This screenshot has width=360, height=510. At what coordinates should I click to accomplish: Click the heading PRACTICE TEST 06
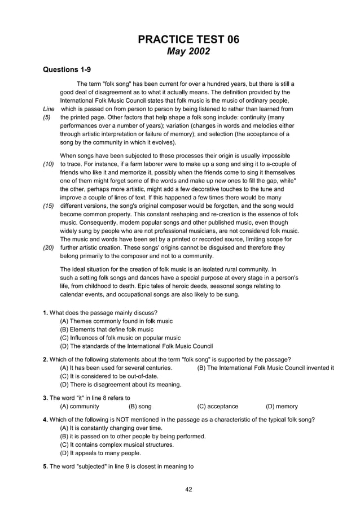[x=189, y=40]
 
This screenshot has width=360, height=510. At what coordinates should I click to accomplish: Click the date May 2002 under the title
[x=189, y=52]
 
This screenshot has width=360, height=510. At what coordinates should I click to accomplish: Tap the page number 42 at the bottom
[x=189, y=489]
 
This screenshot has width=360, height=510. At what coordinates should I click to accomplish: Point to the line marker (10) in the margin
[x=49, y=164]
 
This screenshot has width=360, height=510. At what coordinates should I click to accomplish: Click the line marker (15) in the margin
[x=49, y=207]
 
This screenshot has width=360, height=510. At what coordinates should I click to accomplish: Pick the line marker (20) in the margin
[x=49, y=247]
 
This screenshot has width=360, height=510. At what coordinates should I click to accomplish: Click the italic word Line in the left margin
[x=49, y=109]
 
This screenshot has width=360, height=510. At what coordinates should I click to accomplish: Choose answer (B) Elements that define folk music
[x=107, y=329]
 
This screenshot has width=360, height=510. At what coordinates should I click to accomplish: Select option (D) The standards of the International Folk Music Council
[x=136, y=346]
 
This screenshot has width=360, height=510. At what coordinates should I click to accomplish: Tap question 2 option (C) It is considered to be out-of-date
[x=109, y=376]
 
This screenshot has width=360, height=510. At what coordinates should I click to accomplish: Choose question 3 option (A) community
[x=80, y=406]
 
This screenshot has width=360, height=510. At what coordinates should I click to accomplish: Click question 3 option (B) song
[x=140, y=406]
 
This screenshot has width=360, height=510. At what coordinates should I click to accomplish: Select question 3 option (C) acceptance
[x=218, y=406]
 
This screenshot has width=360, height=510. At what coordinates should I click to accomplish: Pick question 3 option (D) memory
[x=282, y=406]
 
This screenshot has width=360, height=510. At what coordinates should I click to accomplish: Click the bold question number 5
[x=45, y=467]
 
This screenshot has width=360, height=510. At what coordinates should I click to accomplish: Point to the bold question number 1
[x=45, y=312]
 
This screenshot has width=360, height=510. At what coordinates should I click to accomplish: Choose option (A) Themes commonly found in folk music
[x=116, y=321]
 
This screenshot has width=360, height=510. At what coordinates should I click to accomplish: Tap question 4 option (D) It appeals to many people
[x=100, y=453]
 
